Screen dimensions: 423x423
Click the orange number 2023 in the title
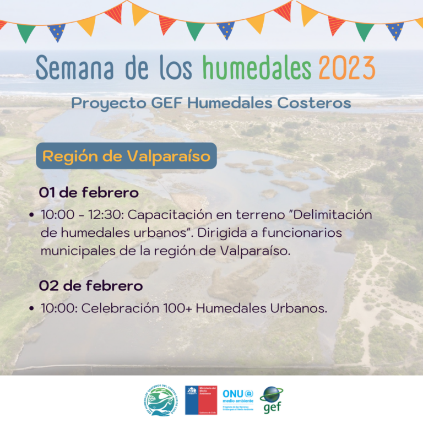click(346, 68)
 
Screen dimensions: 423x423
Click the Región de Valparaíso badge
click(126, 156)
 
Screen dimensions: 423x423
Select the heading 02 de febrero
click(90, 286)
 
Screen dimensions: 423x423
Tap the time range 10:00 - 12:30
click(82, 215)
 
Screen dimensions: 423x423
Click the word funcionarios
click(292, 232)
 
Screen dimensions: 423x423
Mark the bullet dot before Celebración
click(32, 309)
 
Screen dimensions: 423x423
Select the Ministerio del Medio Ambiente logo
click(200, 399)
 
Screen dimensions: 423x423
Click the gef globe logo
click(272, 399)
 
